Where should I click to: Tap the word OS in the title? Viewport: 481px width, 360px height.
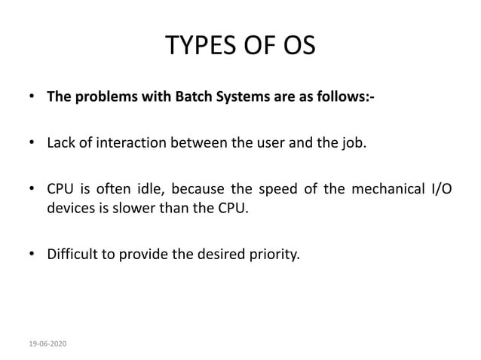click(296, 46)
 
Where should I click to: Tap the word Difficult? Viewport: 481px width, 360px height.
click(75, 254)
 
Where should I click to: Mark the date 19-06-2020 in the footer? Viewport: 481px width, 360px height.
click(48, 343)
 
